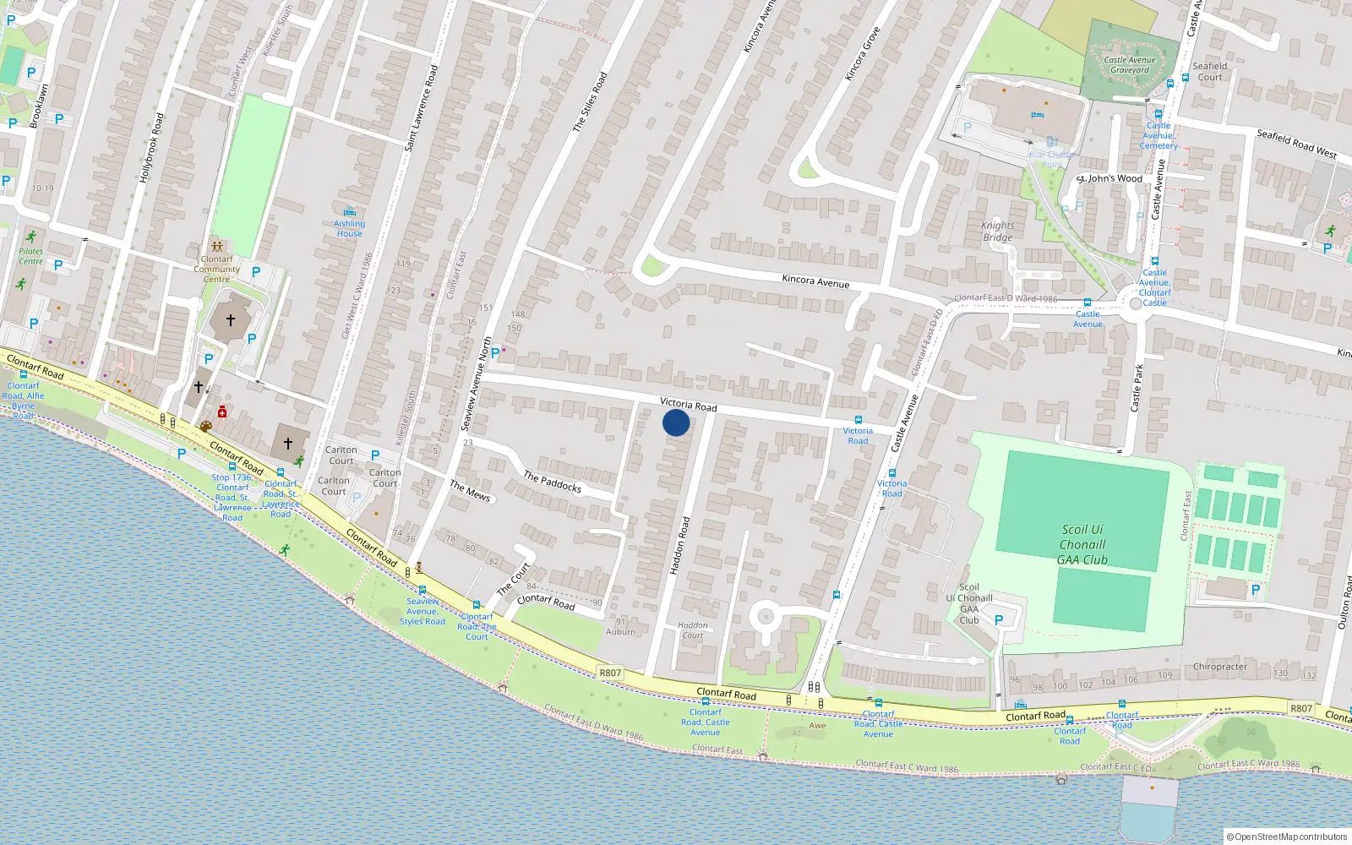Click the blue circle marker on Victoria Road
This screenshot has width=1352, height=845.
pos(676,422)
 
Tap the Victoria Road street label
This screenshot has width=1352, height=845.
pos(688,405)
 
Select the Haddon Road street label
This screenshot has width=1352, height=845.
pos(680,546)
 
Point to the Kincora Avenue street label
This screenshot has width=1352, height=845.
pos(815,281)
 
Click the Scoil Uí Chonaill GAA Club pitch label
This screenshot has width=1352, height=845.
pos(1082,544)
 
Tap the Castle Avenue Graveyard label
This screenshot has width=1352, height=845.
pos(1130,65)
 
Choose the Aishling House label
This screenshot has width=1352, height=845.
pos(349,228)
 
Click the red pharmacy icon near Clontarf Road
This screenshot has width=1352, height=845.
pos(222,412)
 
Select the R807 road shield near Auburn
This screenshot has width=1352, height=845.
pos(609,673)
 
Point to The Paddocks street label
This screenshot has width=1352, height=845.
pos(552,482)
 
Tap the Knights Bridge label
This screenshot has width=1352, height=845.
pos(997,232)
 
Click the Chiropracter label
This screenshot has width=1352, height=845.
pos(1219,667)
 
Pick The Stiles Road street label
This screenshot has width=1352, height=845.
pos(590,101)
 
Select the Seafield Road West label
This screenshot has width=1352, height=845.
pos(1296,144)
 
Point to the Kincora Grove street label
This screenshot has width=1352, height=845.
pos(862,54)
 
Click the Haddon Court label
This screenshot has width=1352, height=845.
pos(693,630)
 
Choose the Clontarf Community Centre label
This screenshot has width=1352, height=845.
pos(216,269)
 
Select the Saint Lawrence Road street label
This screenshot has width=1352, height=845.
pos(421,108)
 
